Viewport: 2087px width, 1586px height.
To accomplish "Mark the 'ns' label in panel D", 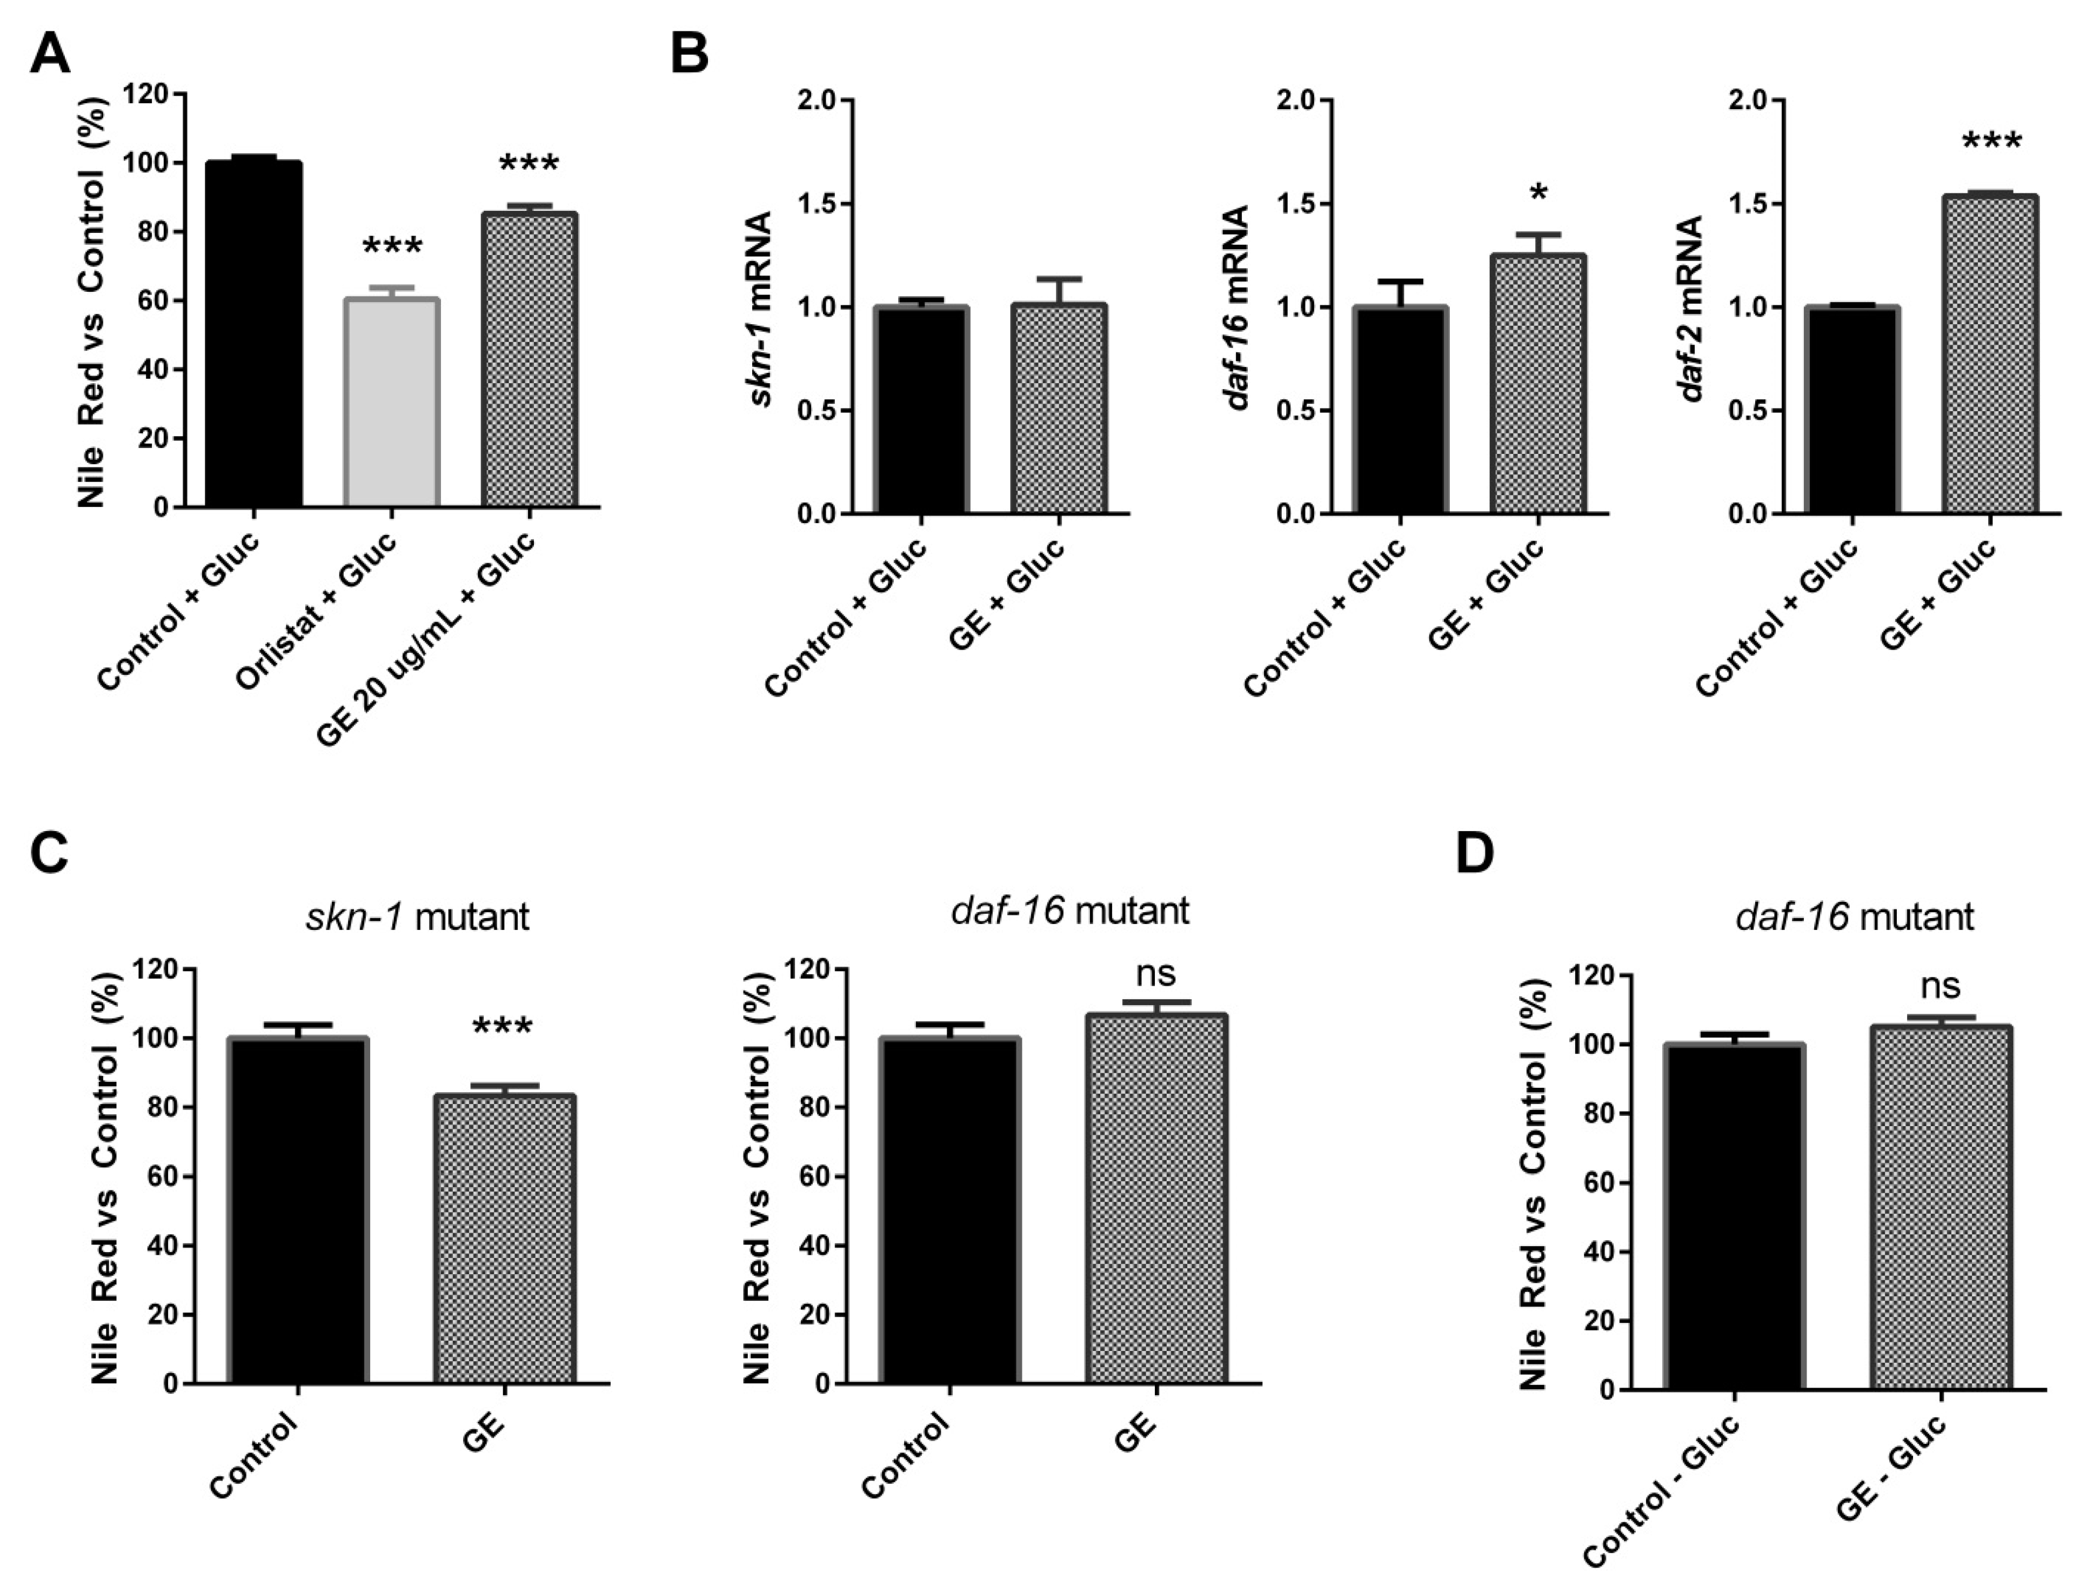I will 1941,987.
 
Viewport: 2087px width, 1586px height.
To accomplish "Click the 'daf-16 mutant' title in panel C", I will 1069,911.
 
